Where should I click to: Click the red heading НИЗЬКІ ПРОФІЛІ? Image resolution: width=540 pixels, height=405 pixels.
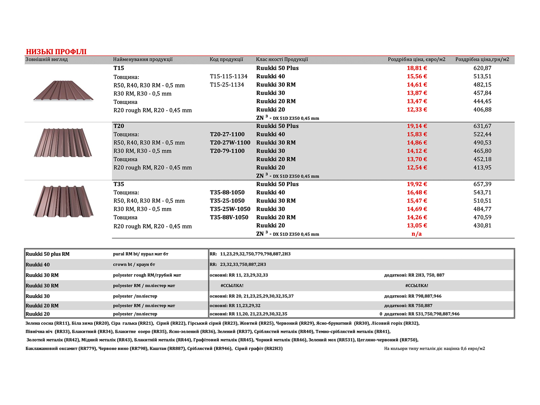click(x=56, y=52)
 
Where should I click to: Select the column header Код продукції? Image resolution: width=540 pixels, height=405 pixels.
click(x=226, y=59)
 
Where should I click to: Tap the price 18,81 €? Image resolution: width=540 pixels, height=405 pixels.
click(x=417, y=68)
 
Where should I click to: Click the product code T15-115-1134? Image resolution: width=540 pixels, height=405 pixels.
click(x=228, y=76)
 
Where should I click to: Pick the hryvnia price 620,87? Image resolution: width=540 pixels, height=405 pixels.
click(x=482, y=68)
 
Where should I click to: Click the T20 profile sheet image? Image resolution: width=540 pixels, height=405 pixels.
click(x=63, y=142)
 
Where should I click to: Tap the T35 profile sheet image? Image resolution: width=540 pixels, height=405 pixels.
click(x=63, y=201)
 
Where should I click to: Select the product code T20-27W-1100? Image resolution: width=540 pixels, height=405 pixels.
click(x=230, y=142)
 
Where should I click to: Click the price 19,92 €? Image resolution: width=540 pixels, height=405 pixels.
click(x=417, y=184)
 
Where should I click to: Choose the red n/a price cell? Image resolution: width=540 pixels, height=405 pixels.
click(x=416, y=234)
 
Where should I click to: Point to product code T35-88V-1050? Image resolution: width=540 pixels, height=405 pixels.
click(x=229, y=217)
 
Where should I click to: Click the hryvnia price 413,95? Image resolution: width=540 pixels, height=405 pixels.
click(x=482, y=167)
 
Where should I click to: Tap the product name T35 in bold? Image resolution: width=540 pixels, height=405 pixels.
click(x=119, y=184)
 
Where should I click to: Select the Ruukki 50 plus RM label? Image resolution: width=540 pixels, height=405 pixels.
click(x=48, y=254)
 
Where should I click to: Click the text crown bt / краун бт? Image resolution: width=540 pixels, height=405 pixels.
click(x=134, y=265)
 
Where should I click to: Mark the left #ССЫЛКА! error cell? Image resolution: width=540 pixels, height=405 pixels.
click(x=232, y=286)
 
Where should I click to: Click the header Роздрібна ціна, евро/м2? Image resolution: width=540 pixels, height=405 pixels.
click(x=416, y=59)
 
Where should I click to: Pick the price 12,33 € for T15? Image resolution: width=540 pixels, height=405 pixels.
click(x=417, y=109)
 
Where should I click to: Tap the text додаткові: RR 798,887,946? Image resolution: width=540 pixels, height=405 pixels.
click(x=412, y=296)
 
